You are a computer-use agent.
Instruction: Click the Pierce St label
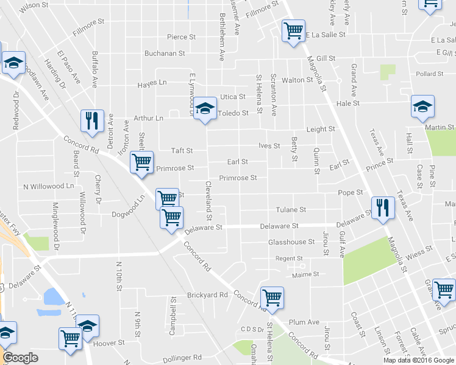(x=181, y=37)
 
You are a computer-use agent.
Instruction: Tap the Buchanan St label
(x=165, y=54)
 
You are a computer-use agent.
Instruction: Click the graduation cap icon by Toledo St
(x=205, y=108)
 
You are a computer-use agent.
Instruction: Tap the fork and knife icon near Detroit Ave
(x=92, y=120)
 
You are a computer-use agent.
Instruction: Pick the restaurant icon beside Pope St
(x=382, y=208)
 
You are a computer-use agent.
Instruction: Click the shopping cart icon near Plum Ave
(x=271, y=297)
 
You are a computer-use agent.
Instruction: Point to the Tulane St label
(x=290, y=210)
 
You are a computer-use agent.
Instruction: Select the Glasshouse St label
(x=291, y=242)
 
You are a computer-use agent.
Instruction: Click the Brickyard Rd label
(x=207, y=295)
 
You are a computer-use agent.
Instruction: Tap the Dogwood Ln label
(x=129, y=214)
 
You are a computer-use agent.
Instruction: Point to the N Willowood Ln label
(x=48, y=186)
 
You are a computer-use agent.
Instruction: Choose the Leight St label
(x=321, y=130)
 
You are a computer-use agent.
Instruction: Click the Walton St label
(x=297, y=80)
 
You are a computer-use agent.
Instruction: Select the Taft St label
(x=182, y=151)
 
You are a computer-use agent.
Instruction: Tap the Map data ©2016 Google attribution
(x=418, y=360)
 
